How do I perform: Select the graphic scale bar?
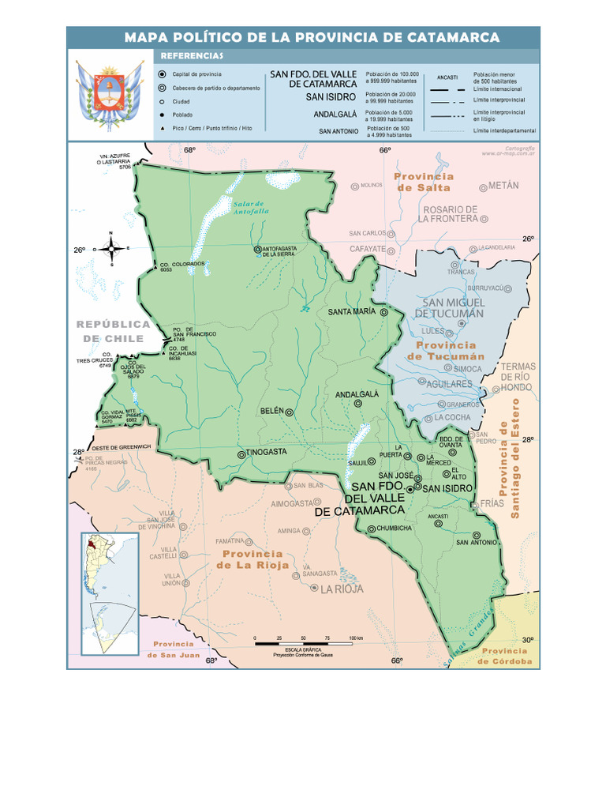309,645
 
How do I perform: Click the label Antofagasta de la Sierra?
282,251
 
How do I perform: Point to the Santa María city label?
352,312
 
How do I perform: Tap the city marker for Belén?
290,412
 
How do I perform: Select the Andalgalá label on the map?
357,393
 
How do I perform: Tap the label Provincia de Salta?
424,182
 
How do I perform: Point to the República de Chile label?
113,331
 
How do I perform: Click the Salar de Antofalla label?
251,206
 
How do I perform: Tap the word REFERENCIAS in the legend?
192,56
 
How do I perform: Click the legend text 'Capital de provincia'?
196,74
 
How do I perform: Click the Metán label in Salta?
503,186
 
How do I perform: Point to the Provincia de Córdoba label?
506,656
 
